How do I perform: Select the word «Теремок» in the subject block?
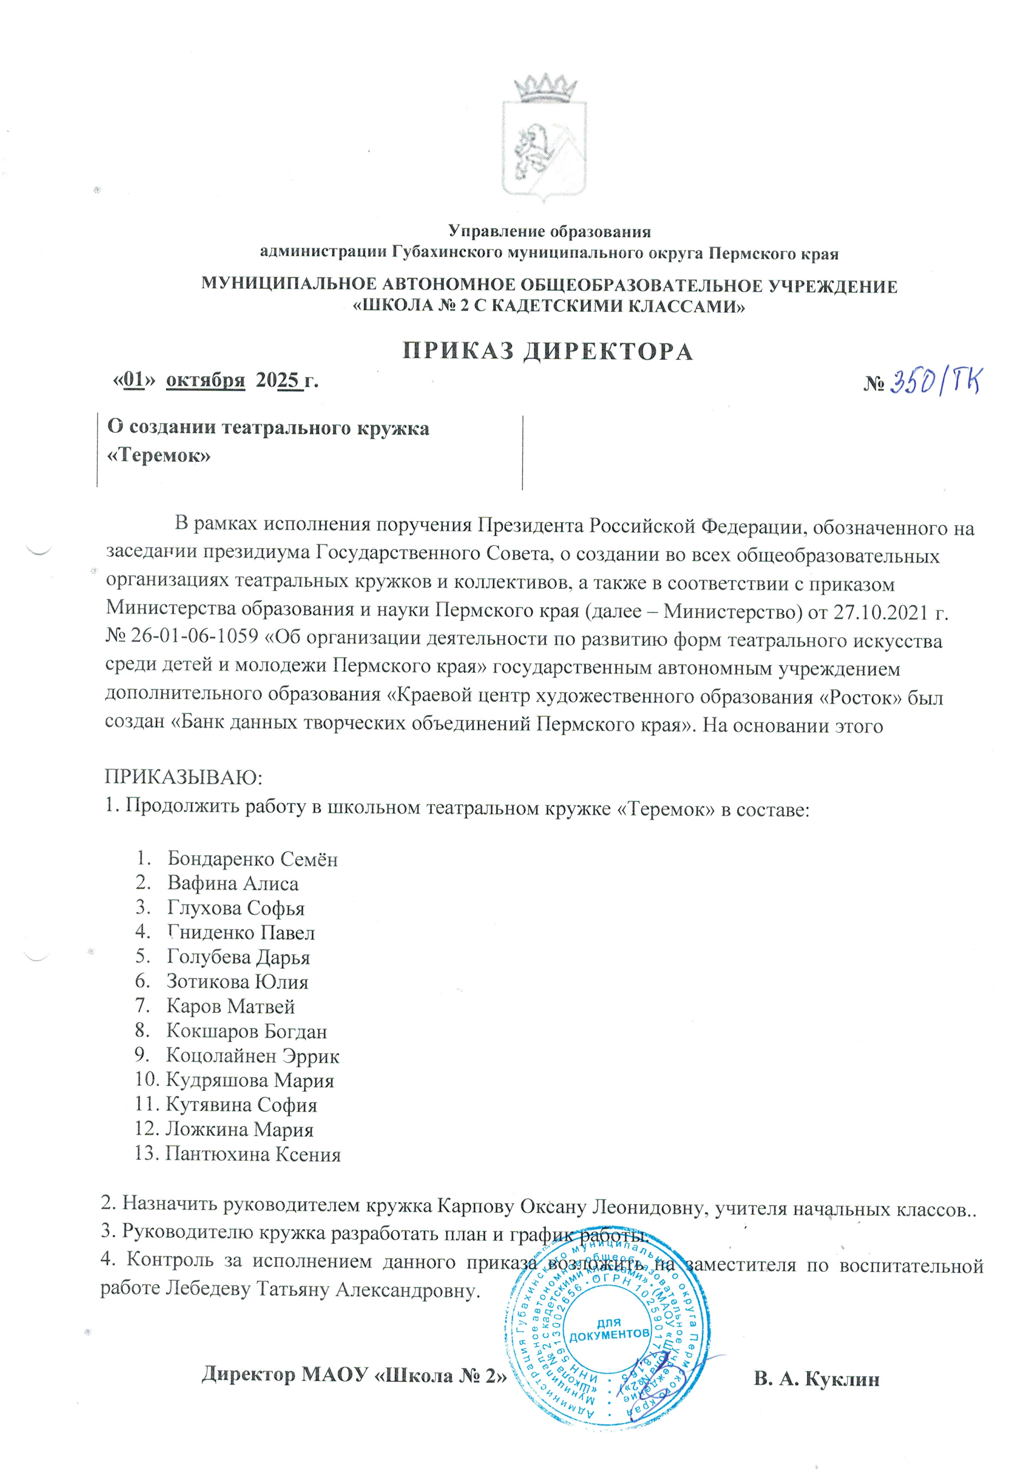(x=159, y=456)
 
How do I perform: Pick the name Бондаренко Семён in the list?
(x=252, y=859)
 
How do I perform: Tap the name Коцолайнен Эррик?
(x=252, y=1055)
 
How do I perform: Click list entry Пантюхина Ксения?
(x=253, y=1154)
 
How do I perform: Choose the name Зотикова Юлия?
(x=238, y=982)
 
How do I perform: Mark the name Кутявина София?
(x=241, y=1105)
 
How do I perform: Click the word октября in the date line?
(x=205, y=380)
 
